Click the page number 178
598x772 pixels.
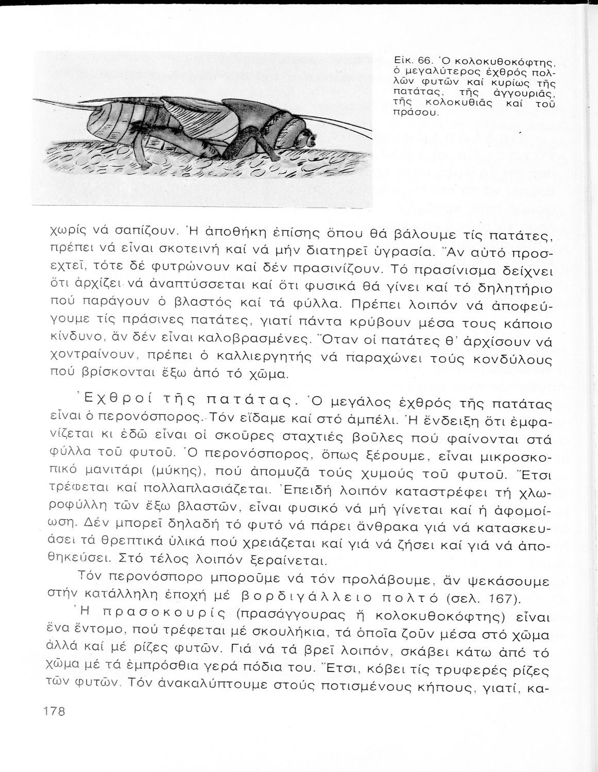pyautogui.click(x=52, y=711)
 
